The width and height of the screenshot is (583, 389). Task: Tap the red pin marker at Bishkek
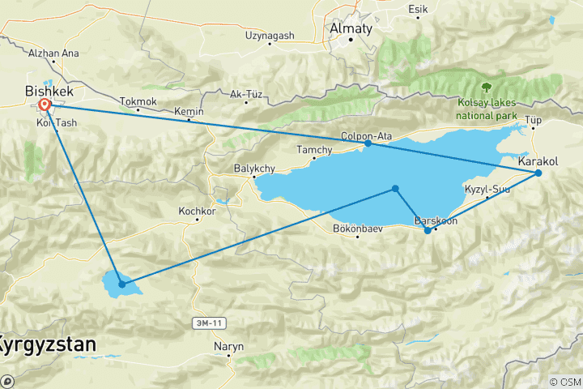tap(45, 105)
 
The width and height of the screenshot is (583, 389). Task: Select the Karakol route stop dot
tap(538, 173)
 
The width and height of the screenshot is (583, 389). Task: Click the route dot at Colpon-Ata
tap(368, 143)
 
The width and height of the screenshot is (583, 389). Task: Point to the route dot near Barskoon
tap(428, 231)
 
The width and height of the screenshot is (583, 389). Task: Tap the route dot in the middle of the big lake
tap(395, 189)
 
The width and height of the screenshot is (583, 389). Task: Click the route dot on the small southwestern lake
tap(121, 284)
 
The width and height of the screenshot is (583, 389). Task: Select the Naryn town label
tap(228, 347)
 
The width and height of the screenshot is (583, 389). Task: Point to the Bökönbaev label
tap(357, 228)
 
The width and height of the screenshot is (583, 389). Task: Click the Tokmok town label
tap(136, 101)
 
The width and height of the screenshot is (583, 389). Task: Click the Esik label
tap(418, 9)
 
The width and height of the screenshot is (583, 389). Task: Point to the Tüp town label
tap(533, 120)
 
